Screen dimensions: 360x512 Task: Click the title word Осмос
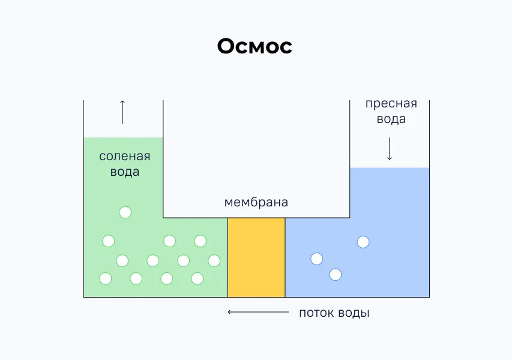pyautogui.click(x=254, y=46)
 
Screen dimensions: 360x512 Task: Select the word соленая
pyautogui.click(x=125, y=157)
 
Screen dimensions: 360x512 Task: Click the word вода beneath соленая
pyautogui.click(x=125, y=172)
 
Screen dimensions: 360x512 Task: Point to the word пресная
pyautogui.click(x=391, y=104)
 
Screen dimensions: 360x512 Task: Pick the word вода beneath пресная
pyautogui.click(x=391, y=119)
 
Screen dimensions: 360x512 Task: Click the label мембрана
pyautogui.click(x=256, y=202)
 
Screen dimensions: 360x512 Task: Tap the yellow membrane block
pyautogui.click(x=256, y=257)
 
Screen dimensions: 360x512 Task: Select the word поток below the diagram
pyautogui.click(x=319, y=313)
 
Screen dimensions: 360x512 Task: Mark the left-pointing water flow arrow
pyautogui.click(x=258, y=312)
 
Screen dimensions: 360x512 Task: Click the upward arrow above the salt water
pyautogui.click(x=122, y=112)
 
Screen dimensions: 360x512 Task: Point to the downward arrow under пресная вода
pyautogui.click(x=390, y=149)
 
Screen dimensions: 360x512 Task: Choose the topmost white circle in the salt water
pyautogui.click(x=125, y=212)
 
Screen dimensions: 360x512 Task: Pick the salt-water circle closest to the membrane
pyautogui.click(x=214, y=260)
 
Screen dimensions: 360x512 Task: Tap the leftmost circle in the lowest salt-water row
pyautogui.click(x=106, y=278)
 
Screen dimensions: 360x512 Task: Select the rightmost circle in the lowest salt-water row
pyautogui.click(x=197, y=278)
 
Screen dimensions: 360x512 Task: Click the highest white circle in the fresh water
pyautogui.click(x=363, y=242)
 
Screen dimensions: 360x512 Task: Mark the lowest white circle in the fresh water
pyautogui.click(x=336, y=274)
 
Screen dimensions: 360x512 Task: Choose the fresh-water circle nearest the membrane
pyautogui.click(x=316, y=259)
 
